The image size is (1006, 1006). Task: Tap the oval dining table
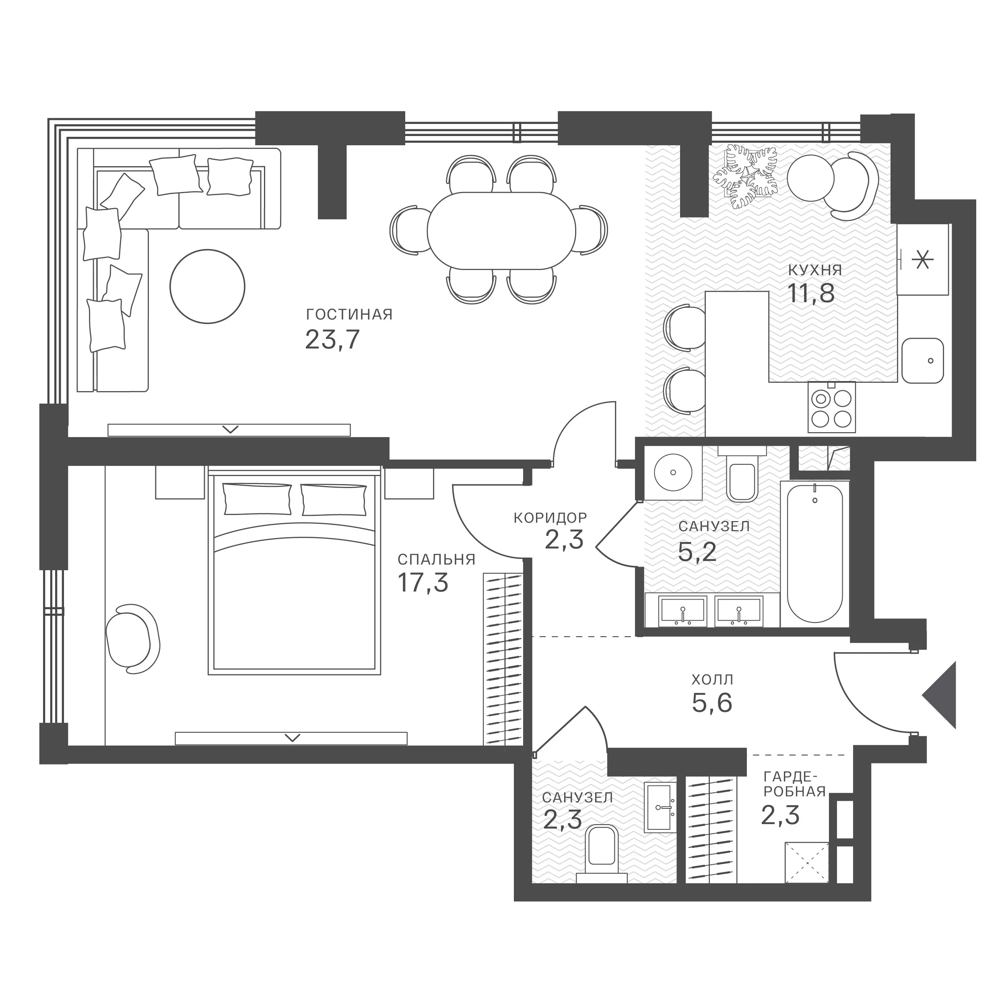[501, 231]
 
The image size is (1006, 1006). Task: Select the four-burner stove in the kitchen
[832, 408]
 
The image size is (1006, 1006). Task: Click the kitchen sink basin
[923, 360]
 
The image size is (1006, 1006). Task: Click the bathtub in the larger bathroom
[815, 554]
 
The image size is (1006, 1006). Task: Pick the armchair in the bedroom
[132, 638]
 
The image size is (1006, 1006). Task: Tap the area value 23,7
[332, 340]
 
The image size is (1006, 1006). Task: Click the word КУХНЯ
[815, 270]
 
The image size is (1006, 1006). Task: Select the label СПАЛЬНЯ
[436, 559]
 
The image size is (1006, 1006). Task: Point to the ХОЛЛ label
[712, 680]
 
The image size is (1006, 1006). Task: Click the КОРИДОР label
[550, 517]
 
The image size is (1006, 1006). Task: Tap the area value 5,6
[712, 703]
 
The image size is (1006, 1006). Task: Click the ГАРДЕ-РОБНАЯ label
[795, 784]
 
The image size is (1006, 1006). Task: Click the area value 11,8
[811, 293]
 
